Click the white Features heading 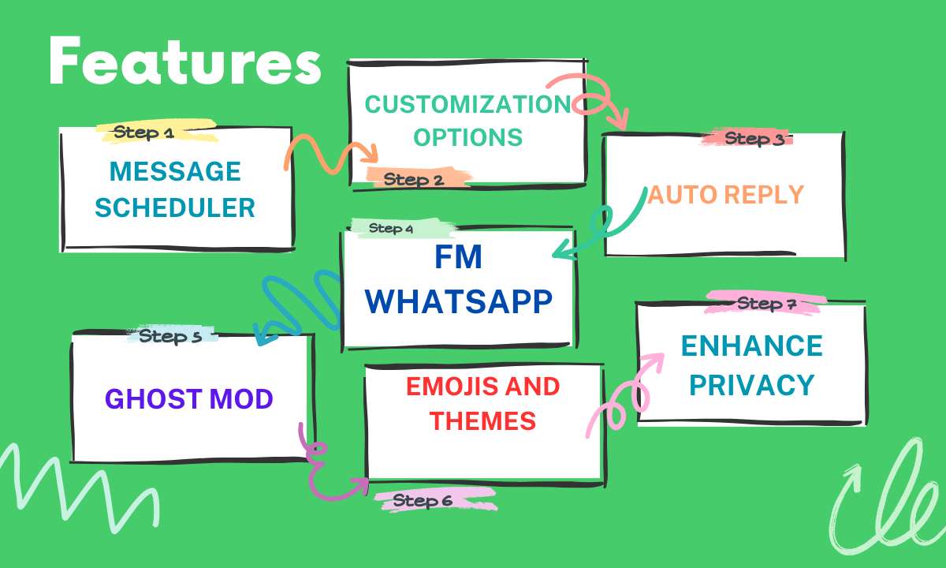(x=185, y=61)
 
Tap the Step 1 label (x=143, y=133)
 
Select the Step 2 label (x=413, y=180)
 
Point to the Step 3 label (x=754, y=139)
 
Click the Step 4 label (x=391, y=228)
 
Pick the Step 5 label (x=170, y=336)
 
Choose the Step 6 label (x=423, y=501)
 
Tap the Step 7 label (x=766, y=304)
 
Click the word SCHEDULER (x=175, y=207)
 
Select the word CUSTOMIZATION (x=468, y=104)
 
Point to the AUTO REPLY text (x=725, y=194)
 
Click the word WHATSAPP (x=458, y=301)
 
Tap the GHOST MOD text (x=188, y=399)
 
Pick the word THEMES (x=482, y=421)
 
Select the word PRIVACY (x=752, y=385)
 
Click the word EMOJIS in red (x=449, y=387)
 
